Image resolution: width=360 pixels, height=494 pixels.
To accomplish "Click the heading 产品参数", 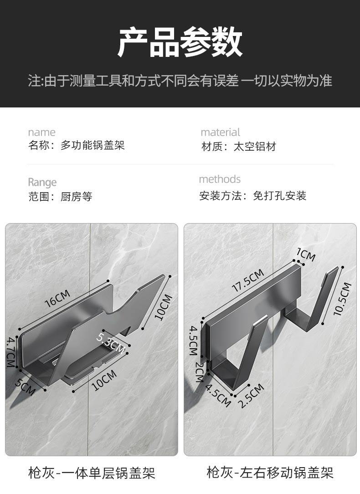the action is [180, 42].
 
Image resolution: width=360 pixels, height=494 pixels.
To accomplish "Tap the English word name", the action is [41, 132].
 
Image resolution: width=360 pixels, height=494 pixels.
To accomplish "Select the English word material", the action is [220, 132].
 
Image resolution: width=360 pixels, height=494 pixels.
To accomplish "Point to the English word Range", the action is [42, 182].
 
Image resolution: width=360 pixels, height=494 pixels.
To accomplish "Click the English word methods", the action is [220, 179].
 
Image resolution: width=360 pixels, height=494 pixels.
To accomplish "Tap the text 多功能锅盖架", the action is [93, 146].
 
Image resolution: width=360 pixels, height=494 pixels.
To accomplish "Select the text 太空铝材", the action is [255, 147].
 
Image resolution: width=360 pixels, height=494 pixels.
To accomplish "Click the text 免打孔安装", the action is [280, 196].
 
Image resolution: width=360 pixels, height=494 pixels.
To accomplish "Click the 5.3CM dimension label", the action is [111, 343].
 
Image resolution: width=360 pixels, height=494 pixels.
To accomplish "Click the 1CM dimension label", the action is [306, 255].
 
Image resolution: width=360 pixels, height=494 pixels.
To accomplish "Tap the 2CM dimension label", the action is [199, 372].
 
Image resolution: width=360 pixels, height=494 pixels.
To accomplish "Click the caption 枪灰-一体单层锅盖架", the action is [92, 473].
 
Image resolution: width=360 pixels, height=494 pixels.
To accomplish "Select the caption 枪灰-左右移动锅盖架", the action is [270, 472].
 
